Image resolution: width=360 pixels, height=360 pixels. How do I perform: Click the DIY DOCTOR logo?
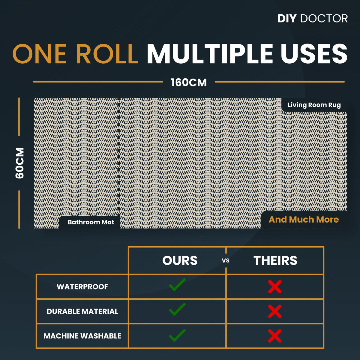313,19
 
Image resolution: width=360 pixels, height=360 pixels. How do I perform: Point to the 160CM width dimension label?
189,82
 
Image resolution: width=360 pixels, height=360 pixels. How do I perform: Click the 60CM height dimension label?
19,163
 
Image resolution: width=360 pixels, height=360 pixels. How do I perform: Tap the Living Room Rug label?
314,105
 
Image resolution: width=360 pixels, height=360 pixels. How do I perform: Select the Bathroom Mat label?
91,222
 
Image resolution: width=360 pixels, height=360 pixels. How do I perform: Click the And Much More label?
304,219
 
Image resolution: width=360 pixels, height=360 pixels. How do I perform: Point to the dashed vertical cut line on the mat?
119,157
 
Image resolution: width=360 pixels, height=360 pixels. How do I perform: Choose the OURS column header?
180,260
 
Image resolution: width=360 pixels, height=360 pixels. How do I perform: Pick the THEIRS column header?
275,260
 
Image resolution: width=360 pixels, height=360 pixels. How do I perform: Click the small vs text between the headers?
226,261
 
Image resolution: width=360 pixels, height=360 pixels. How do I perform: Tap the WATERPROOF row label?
82,287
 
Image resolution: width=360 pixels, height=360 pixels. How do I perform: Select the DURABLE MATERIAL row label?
82,311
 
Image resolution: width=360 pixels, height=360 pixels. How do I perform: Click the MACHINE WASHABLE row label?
82,336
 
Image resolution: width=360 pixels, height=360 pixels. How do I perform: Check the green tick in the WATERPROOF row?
177,285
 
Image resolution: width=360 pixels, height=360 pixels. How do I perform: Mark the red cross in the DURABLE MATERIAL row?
275,311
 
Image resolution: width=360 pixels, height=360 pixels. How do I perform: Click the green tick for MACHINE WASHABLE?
177,335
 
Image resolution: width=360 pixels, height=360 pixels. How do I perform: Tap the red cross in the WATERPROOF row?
275,287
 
